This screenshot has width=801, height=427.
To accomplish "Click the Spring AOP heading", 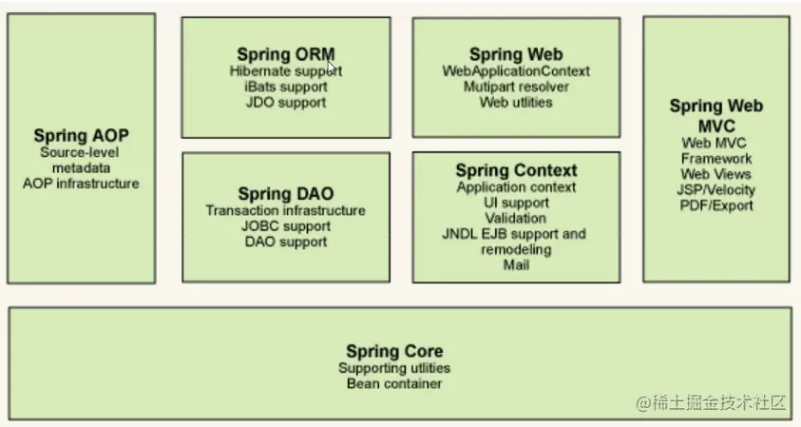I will (x=81, y=135).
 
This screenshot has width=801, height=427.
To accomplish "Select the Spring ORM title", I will (x=286, y=54).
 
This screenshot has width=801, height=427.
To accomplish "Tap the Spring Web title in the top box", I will (x=516, y=54).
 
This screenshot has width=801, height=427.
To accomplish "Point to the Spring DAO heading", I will (x=286, y=194).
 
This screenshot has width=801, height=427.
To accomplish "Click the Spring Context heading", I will (x=516, y=171).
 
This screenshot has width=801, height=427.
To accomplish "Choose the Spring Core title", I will (x=394, y=352).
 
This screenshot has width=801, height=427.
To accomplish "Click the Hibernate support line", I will (x=286, y=70).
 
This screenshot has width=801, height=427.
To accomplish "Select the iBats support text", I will (x=286, y=87).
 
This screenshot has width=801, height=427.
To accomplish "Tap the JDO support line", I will (x=286, y=102).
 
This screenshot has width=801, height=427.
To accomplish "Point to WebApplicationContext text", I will (x=516, y=71).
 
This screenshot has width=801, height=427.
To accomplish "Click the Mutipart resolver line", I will (x=516, y=87).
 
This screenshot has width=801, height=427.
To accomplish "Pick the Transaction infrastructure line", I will (x=286, y=210).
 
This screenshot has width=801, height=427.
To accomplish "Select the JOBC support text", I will (x=286, y=226).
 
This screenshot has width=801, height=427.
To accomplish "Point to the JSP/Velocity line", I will (x=716, y=189).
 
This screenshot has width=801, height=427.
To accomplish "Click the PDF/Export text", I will (x=716, y=204).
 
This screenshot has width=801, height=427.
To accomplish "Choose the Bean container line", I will (x=394, y=383).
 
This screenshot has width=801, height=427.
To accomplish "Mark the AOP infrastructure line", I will (x=81, y=183).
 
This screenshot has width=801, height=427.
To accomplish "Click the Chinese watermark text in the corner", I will (x=712, y=403).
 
